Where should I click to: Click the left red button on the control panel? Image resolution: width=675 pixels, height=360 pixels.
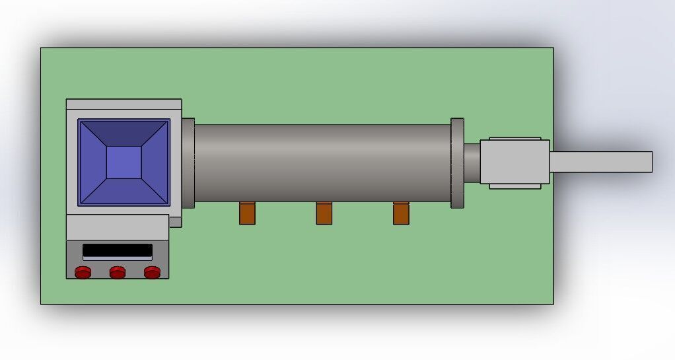point(83,272)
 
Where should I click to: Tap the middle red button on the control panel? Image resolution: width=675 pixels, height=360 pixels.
point(118,272)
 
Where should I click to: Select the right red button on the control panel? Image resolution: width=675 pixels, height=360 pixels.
point(152,272)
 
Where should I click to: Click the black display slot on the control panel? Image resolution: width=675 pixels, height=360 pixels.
point(118,251)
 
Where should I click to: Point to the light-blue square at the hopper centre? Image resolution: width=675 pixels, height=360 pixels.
point(124,162)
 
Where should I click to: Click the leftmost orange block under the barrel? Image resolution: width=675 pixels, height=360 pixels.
point(247,213)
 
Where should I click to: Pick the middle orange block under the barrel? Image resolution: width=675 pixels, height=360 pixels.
point(324,213)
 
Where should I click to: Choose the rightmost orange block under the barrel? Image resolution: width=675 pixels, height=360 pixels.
point(401,213)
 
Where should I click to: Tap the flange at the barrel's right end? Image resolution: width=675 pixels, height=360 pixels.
point(457,163)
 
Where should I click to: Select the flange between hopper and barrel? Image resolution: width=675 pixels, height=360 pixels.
point(188,162)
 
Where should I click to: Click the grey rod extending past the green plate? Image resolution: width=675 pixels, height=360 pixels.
point(601,162)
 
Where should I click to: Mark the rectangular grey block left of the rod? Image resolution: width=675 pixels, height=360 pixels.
point(515,162)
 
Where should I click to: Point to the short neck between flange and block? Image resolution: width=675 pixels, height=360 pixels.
point(472,162)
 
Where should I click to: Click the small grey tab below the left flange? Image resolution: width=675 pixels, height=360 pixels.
point(175,222)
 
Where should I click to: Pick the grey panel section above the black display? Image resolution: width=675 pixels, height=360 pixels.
point(118,227)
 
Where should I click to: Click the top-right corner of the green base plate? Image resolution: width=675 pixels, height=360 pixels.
point(552,49)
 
